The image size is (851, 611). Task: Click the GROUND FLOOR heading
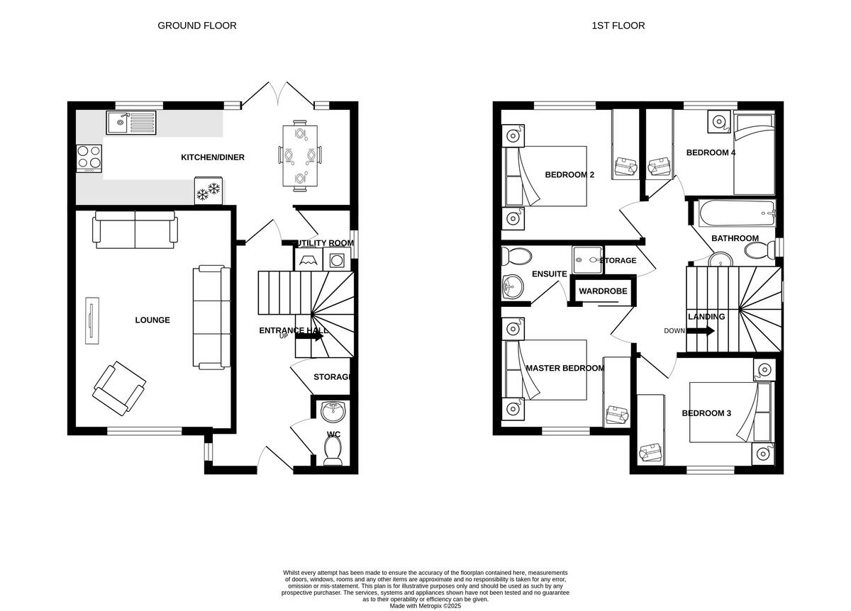pos(196,26)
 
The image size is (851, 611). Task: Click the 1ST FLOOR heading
pos(618,26)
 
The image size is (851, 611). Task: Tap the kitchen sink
pos(131,123)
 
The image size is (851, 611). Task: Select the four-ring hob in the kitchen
pos(89,158)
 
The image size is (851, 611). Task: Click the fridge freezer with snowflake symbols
pos(208,191)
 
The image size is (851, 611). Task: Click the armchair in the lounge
pos(118,388)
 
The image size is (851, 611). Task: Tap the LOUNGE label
pos(152,320)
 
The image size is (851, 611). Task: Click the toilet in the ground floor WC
pos(332,449)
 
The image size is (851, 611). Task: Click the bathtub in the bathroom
pos(734,212)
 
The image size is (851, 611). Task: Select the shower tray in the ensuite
pos(587,259)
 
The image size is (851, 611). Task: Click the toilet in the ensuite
pos(516,256)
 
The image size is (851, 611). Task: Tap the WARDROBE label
pos(602,291)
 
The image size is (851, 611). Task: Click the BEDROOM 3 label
pos(706,413)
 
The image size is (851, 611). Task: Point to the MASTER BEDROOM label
pos(564,369)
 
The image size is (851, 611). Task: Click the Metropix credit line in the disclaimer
pos(425,606)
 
